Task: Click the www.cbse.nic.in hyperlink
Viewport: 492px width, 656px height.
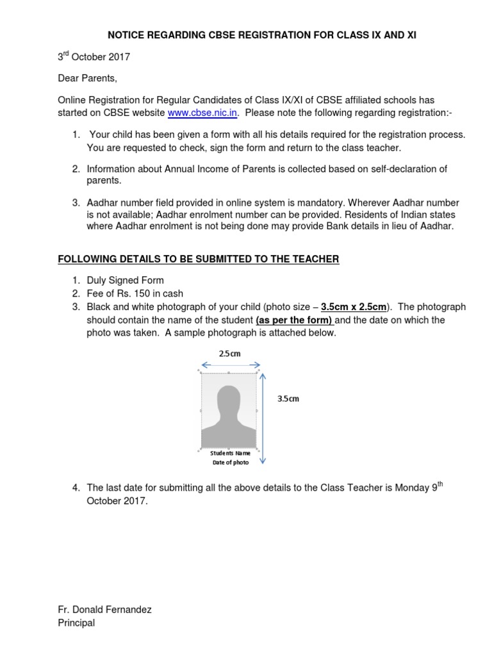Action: (x=203, y=113)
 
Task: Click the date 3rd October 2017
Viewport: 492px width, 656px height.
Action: (x=94, y=57)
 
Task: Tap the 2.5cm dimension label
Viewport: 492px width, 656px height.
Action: (x=229, y=353)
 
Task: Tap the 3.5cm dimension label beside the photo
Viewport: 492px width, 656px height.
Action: (x=288, y=398)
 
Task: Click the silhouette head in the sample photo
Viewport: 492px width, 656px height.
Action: (x=229, y=402)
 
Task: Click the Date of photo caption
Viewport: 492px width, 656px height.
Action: (x=230, y=463)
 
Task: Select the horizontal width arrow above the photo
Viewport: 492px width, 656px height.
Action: (x=229, y=365)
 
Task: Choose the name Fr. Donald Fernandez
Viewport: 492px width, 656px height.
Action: (x=105, y=610)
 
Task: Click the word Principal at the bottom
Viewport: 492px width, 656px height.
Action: (x=76, y=623)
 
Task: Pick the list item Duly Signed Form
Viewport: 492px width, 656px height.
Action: (x=126, y=280)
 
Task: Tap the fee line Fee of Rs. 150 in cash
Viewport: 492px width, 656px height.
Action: (x=135, y=293)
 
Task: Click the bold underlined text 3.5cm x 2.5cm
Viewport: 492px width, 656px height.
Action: (x=354, y=307)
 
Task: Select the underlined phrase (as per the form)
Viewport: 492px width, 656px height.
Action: (x=294, y=320)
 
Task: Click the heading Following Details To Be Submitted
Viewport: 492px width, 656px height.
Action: (x=199, y=259)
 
